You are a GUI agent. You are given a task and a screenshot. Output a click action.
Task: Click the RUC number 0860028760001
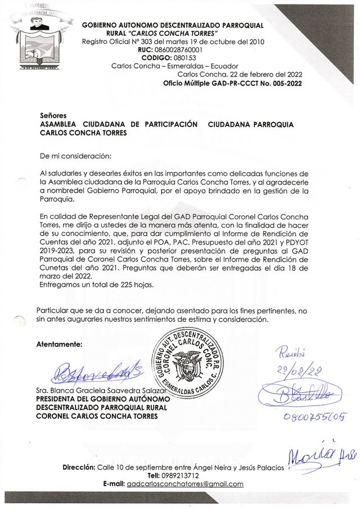coord(178,50)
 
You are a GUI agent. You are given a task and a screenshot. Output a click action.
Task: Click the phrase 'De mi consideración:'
coord(75,154)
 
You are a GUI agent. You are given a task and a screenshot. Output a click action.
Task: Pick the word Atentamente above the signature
coord(59,344)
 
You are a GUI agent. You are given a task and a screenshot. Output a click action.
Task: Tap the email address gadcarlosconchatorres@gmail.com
coord(185,484)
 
